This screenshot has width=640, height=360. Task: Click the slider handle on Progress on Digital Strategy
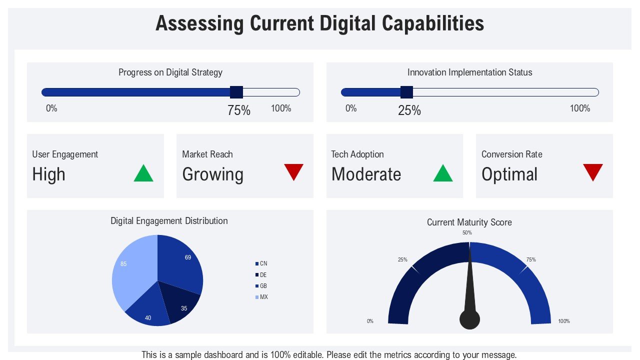click(x=236, y=92)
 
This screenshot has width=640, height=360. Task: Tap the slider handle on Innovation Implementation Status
click(x=406, y=92)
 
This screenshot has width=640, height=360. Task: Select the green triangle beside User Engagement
click(x=143, y=174)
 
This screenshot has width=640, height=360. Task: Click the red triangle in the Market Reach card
click(x=293, y=171)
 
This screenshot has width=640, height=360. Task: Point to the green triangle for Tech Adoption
click(x=443, y=174)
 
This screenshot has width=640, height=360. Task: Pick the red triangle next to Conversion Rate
click(x=593, y=171)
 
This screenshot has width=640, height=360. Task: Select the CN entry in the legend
click(x=261, y=263)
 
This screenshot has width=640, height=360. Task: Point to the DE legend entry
click(x=261, y=275)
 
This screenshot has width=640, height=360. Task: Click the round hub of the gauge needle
click(x=469, y=319)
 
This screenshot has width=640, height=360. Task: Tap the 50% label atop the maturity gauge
click(x=467, y=233)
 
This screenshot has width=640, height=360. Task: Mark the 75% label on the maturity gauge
click(x=531, y=260)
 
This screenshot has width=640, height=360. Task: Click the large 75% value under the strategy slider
click(x=239, y=111)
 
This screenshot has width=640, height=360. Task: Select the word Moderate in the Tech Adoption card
click(x=366, y=174)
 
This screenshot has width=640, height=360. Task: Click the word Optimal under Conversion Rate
click(x=509, y=174)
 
